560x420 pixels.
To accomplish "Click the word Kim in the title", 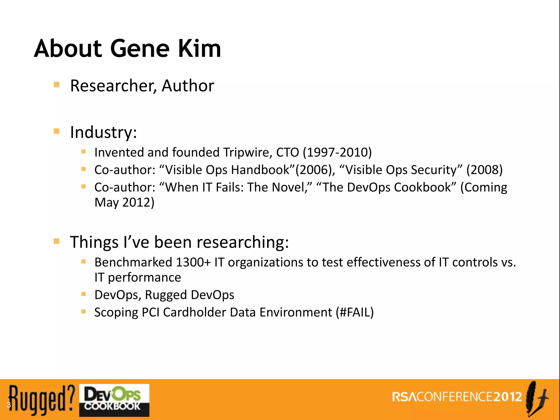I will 199,49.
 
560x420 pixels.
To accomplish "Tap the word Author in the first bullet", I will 188,86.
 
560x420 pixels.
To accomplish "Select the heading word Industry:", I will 103,132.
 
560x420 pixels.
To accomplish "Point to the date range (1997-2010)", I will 337,152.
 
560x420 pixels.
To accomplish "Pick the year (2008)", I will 484,170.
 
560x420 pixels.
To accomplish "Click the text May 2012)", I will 124,203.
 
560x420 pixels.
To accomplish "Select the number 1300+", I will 193,262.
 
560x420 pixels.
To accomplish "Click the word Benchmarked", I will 133,262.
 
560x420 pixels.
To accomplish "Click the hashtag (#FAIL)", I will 355,312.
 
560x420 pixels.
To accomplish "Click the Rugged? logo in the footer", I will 41,400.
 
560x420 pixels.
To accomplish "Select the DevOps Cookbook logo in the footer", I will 114,400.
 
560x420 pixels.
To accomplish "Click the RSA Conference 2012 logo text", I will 457,397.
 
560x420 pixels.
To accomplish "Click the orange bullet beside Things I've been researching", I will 57,241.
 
